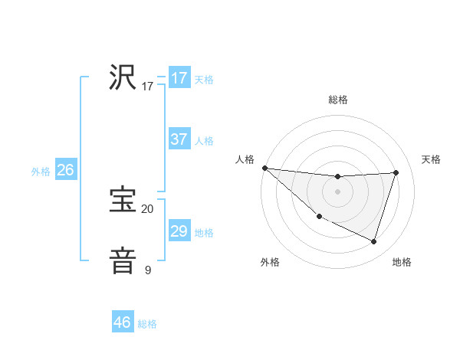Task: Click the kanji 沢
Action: pyautogui.click(x=123, y=77)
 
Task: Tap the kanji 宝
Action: pyautogui.click(x=123, y=200)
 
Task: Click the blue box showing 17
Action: pyautogui.click(x=179, y=78)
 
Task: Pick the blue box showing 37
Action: pyautogui.click(x=179, y=139)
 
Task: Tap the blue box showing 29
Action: pyautogui.click(x=179, y=231)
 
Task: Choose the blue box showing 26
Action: pyautogui.click(x=65, y=170)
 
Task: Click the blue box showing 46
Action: pyautogui.click(x=123, y=322)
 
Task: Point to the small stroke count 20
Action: pyautogui.click(x=147, y=208)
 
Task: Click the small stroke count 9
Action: pyautogui.click(x=147, y=270)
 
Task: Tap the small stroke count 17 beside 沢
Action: pyautogui.click(x=147, y=86)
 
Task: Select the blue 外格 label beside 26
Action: pyautogui.click(x=41, y=172)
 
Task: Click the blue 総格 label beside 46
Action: pyautogui.click(x=147, y=324)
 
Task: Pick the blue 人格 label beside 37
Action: pyautogui.click(x=204, y=141)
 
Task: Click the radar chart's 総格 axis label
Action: pyautogui.click(x=337, y=100)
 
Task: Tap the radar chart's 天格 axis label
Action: pyautogui.click(x=432, y=159)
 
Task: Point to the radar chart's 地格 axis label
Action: pyautogui.click(x=402, y=262)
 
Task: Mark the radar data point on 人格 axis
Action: pyautogui.click(x=264, y=168)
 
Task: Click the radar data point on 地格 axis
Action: pyautogui.click(x=373, y=241)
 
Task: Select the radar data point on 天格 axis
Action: pyautogui.click(x=396, y=172)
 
